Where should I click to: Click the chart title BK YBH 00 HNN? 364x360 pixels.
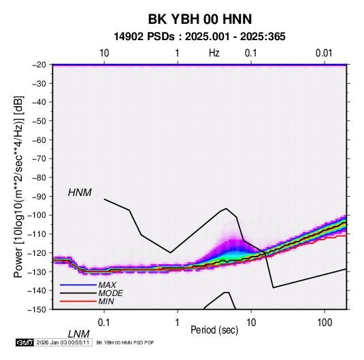[200, 19]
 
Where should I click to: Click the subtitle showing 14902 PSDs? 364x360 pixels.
[199, 37]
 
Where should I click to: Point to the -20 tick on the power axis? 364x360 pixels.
[39, 65]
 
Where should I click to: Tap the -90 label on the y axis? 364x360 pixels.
[39, 196]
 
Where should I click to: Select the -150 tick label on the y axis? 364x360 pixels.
[37, 310]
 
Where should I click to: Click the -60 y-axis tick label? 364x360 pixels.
[39, 140]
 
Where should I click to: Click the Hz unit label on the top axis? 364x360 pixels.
[214, 53]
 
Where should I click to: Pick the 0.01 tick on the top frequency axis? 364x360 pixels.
[324, 53]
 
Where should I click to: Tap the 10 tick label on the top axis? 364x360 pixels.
[104, 53]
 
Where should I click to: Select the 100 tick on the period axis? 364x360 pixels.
[325, 323]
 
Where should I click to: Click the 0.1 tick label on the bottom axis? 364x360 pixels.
[104, 323]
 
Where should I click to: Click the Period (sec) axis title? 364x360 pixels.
[214, 330]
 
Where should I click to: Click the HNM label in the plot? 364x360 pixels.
[80, 193]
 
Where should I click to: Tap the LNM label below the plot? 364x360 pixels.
[78, 334]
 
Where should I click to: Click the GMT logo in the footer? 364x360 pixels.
[25, 342]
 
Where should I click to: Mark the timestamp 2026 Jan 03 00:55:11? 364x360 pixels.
[63, 342]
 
